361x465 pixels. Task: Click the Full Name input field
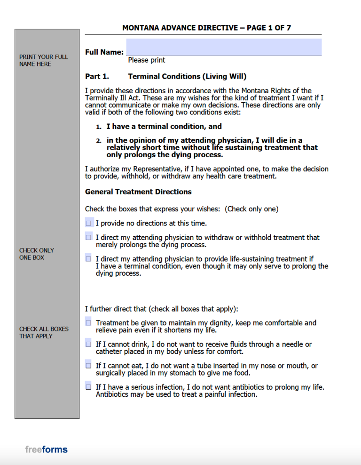(x=224, y=47)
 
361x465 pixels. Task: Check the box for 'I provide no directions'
(x=88, y=223)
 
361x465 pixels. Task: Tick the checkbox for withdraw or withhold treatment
(x=88, y=238)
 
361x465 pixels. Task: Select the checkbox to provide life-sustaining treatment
(x=88, y=258)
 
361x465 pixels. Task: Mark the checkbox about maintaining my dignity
(x=88, y=323)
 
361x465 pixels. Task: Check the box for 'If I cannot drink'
(x=88, y=344)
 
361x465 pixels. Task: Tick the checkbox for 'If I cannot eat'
(x=88, y=365)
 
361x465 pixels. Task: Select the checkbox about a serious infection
(x=88, y=387)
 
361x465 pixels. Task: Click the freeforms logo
(x=46, y=449)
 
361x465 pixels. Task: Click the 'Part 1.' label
(x=97, y=76)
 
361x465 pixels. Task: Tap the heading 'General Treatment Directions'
(x=138, y=192)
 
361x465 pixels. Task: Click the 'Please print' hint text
(x=146, y=60)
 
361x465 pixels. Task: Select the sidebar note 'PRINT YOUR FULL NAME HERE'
(x=43, y=60)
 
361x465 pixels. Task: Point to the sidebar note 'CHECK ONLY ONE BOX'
(x=37, y=254)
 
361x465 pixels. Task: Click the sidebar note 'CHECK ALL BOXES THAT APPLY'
(x=44, y=332)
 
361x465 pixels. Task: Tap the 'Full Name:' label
(x=104, y=52)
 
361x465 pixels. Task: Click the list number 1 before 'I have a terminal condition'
(x=99, y=127)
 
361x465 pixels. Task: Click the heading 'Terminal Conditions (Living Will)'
(x=187, y=76)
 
